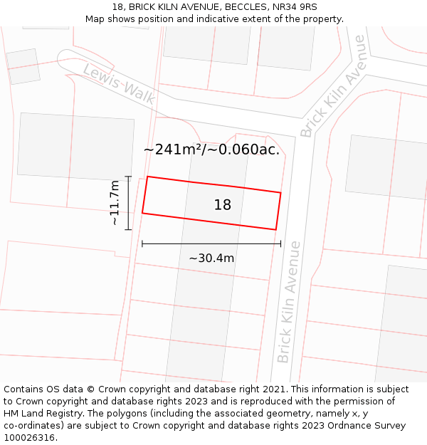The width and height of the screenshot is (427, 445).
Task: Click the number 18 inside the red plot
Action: click(x=223, y=205)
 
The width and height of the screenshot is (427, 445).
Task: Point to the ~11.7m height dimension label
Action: click(x=114, y=203)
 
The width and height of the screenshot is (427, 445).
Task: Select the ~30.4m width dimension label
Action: click(x=211, y=258)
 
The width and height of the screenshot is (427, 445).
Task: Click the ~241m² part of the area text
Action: click(x=174, y=150)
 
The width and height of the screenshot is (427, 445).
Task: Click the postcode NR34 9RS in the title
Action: click(x=293, y=7)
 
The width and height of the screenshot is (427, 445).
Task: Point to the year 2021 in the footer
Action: click(x=274, y=389)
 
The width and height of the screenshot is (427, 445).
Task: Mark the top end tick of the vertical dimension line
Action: click(x=128, y=177)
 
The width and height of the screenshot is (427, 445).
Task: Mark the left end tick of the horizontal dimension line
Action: click(x=142, y=244)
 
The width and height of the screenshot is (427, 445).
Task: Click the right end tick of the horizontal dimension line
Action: click(x=280, y=244)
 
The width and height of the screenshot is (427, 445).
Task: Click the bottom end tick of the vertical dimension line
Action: click(x=128, y=229)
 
